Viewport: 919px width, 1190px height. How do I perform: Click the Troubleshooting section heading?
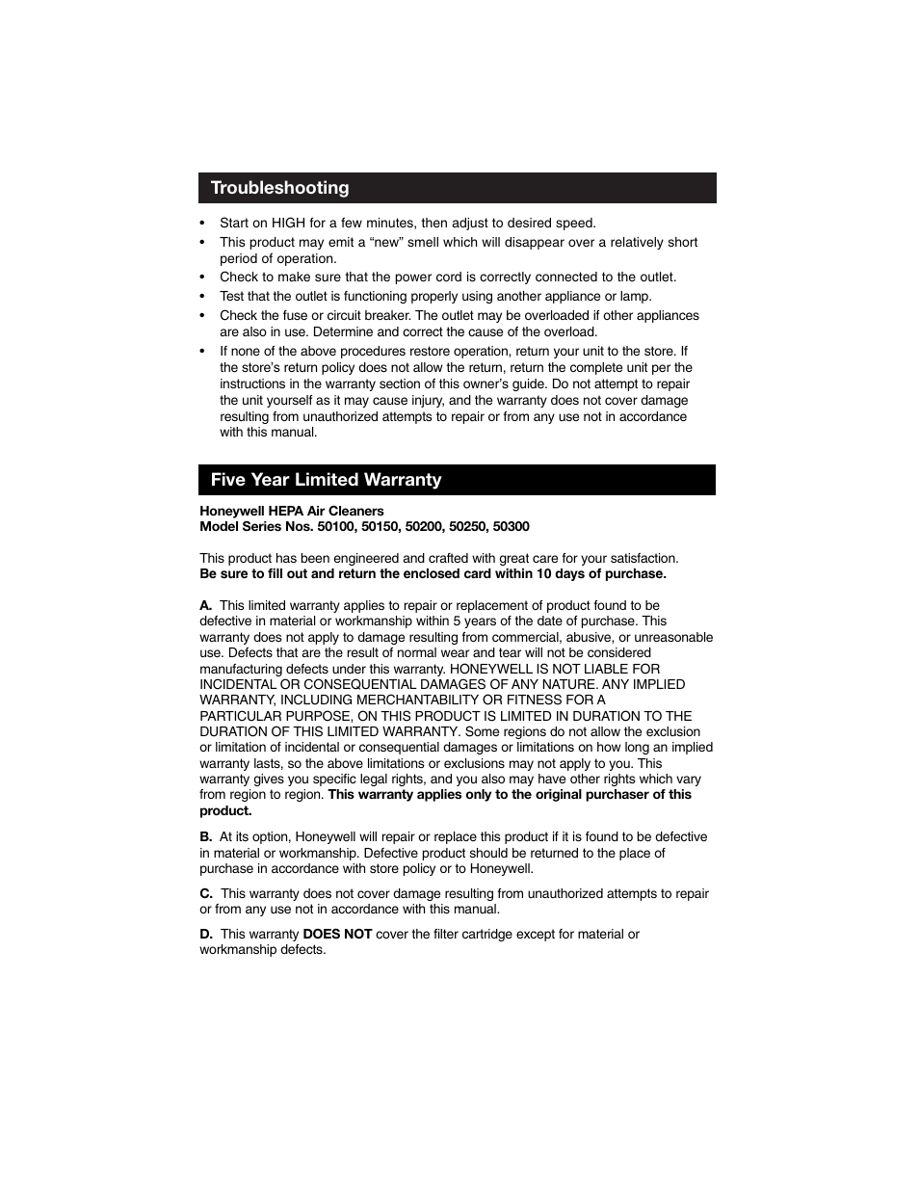point(279,188)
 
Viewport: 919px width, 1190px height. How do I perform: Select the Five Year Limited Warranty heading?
point(326,480)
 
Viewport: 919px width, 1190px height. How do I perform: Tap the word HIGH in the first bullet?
point(288,223)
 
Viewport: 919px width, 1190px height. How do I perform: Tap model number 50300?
point(511,526)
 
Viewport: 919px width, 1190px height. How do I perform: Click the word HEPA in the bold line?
point(278,511)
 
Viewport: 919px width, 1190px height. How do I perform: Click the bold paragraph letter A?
point(205,605)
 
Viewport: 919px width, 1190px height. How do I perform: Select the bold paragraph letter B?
point(205,836)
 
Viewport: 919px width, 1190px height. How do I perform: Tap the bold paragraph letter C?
point(205,893)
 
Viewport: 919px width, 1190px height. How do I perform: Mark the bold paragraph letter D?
point(206,934)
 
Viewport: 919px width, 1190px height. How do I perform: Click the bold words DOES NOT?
point(337,934)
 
